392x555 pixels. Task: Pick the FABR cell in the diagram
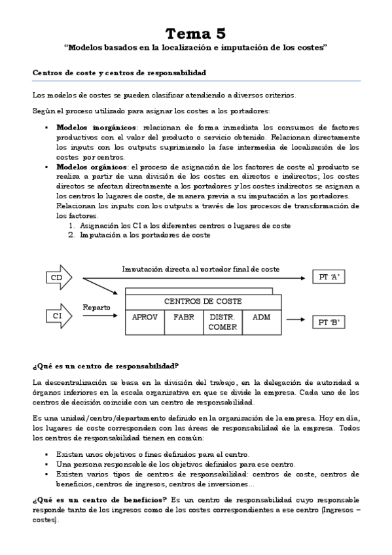[184, 316]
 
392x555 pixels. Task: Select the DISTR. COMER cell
[223, 321]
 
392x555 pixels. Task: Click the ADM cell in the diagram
[262, 316]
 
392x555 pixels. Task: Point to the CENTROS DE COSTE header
[203, 301]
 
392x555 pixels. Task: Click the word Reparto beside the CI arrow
[96, 306]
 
